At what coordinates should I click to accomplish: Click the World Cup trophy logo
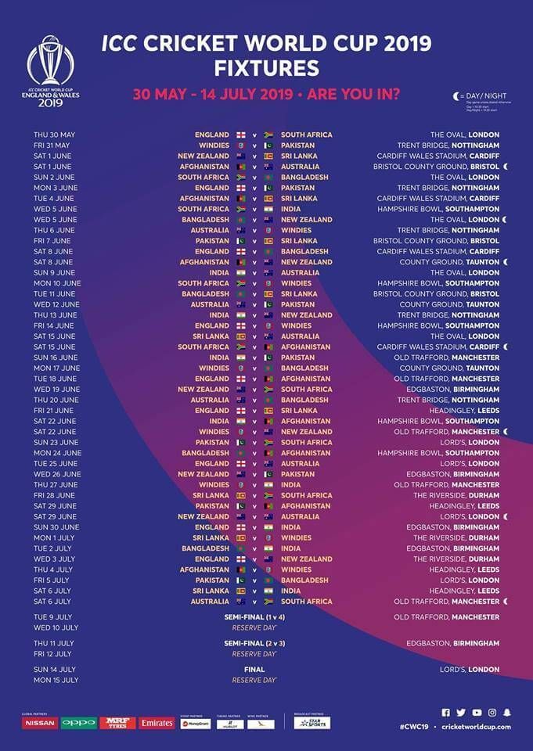pyautogui.click(x=51, y=63)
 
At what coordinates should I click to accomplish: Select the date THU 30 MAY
pyautogui.click(x=55, y=135)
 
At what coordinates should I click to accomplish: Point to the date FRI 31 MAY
pyautogui.click(x=52, y=146)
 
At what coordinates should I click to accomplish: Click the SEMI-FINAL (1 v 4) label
pyautogui.click(x=254, y=617)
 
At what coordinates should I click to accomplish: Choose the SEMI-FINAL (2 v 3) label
pyautogui.click(x=254, y=643)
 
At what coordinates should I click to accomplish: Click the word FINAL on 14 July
pyautogui.click(x=254, y=670)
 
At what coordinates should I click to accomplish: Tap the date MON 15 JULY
pyautogui.click(x=56, y=680)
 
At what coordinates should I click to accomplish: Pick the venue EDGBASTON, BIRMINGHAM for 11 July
pyautogui.click(x=452, y=643)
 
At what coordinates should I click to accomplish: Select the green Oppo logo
pyautogui.click(x=79, y=723)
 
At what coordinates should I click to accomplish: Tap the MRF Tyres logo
pyautogui.click(x=117, y=723)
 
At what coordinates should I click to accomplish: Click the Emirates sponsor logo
pyautogui.click(x=157, y=723)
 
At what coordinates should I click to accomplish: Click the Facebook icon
pyautogui.click(x=446, y=712)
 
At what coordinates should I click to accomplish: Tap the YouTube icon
pyautogui.click(x=477, y=712)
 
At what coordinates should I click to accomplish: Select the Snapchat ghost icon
pyautogui.click(x=507, y=712)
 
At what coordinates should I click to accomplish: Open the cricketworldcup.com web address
pyautogui.click(x=476, y=727)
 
